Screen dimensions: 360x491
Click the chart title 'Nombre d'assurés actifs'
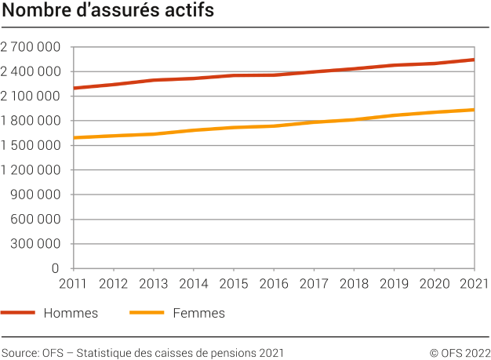tap(107, 13)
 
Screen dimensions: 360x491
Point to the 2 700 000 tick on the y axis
tap(31, 47)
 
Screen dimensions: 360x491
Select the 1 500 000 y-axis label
tap(31, 145)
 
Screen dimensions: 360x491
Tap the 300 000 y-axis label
tap(36, 243)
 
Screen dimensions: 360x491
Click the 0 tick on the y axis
tap(57, 268)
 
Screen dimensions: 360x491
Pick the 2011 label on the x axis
tap(73, 283)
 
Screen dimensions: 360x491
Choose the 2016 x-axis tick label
tap(274, 283)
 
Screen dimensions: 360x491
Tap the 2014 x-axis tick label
tap(194, 283)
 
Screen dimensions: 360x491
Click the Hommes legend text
tap(71, 313)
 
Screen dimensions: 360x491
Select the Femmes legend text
tap(198, 313)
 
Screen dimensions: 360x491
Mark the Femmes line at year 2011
tap(74, 138)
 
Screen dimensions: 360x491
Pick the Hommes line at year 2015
tap(234, 75)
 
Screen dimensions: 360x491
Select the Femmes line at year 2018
tap(354, 119)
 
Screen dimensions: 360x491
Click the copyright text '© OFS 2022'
tap(460, 353)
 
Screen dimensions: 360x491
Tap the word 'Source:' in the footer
tap(20, 353)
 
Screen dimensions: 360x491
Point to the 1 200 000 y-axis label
tap(31, 169)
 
